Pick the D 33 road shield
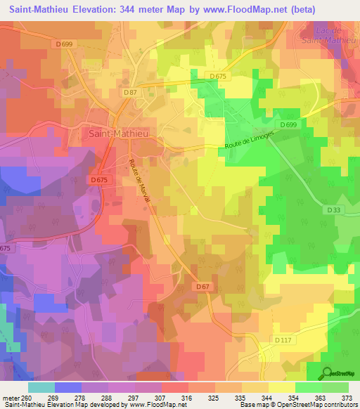click(x=333, y=209)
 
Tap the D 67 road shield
click(x=203, y=287)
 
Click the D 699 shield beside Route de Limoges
click(x=287, y=125)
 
